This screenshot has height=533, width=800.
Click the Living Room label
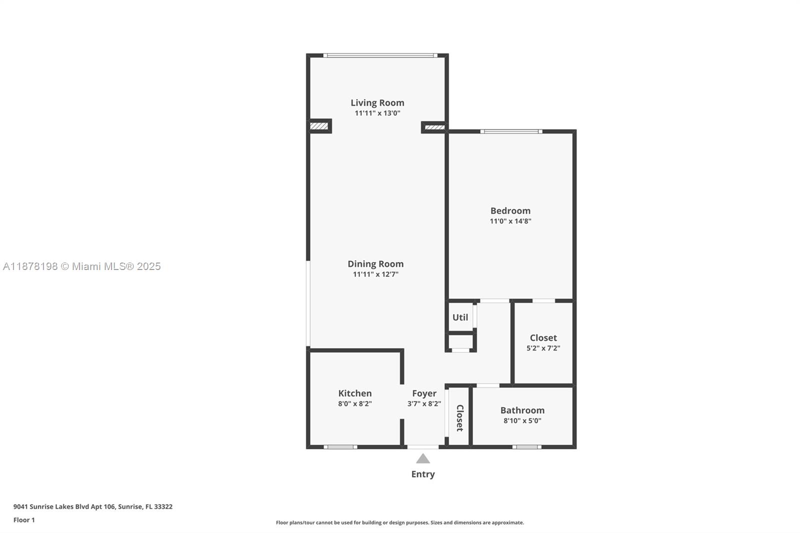click(377, 103)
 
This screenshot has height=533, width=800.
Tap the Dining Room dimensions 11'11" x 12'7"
click(375, 274)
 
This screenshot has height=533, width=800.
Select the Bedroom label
click(510, 211)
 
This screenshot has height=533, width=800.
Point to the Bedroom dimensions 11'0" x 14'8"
click(510, 221)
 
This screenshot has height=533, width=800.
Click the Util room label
click(460, 317)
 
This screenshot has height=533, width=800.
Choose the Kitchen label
click(355, 393)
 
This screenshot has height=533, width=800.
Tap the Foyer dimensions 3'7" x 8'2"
click(424, 403)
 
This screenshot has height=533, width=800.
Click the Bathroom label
click(522, 410)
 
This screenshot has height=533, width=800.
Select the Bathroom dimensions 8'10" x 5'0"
click(522, 421)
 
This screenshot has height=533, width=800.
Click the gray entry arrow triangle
click(423, 459)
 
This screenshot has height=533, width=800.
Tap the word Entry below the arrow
click(423, 474)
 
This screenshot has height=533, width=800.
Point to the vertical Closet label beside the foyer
click(459, 418)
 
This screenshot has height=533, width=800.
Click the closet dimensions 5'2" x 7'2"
click(543, 348)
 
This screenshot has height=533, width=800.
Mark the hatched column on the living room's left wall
click(319, 126)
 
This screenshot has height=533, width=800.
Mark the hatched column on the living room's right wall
click(434, 127)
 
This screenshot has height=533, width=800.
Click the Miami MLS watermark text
click(82, 266)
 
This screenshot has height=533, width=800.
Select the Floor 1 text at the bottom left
click(24, 520)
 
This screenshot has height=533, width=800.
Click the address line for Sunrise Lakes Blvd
click(93, 506)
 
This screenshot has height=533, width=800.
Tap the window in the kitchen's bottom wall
click(340, 447)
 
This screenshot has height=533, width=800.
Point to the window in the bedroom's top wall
click(511, 131)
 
